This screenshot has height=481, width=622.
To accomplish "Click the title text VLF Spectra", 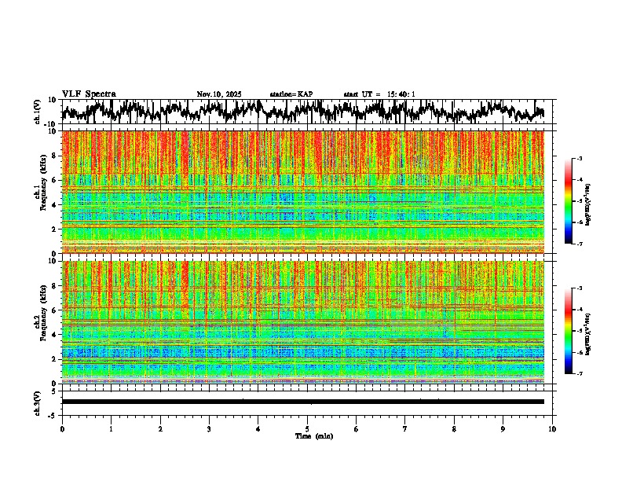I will pos(89,94).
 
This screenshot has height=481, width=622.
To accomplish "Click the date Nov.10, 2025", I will pos(218,94).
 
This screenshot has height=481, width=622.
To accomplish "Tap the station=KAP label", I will pos(291,94).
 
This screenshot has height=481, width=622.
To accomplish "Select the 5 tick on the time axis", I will pos(307,428).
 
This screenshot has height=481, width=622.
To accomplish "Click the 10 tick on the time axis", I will pos(553,428).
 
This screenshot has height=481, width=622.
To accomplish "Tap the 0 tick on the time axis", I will pos(62,428).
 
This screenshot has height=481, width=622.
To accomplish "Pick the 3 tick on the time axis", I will pos(209,428).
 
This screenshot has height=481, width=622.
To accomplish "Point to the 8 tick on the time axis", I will pos(455,428).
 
